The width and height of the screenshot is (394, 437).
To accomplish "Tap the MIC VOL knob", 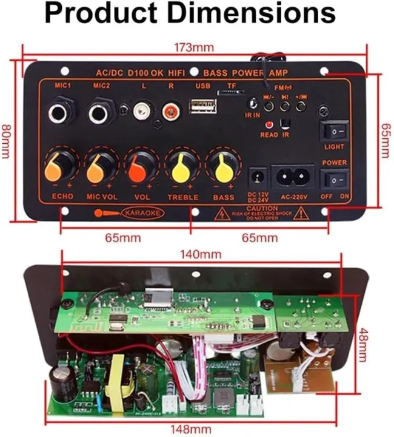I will coord(99,165).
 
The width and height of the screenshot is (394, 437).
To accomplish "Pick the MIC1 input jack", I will coord(61,113).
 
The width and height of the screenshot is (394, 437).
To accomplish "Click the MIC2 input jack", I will coord(101,113).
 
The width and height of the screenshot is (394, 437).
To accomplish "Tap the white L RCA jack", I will coord(143,111).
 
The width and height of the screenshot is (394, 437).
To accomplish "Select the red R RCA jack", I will coord(170,111).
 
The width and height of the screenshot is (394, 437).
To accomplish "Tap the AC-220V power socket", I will coord(293,177).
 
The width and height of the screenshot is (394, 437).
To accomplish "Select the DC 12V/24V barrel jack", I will coord(257,177).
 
